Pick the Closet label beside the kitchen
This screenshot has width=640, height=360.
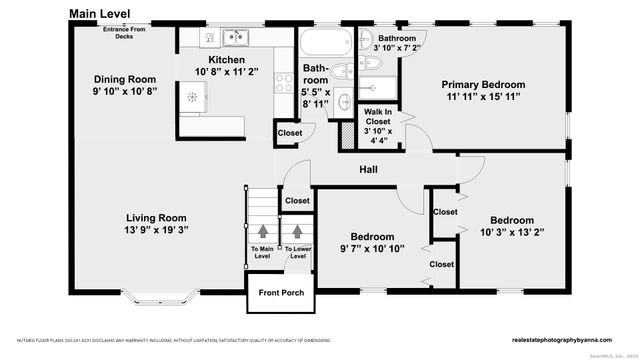coord(289,133)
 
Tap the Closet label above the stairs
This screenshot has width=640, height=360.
coord(297,201)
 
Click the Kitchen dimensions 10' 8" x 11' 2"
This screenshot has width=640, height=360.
coord(227,72)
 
